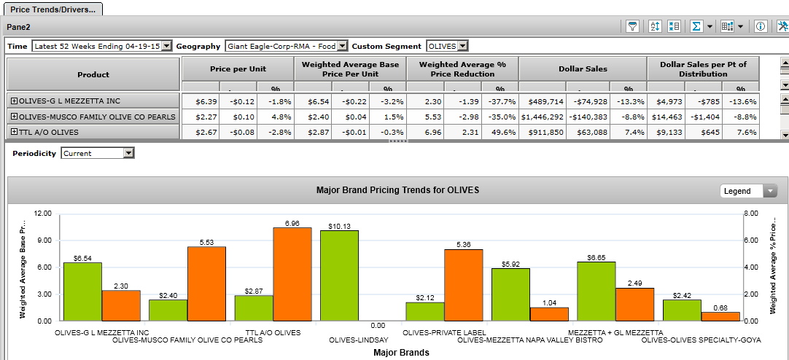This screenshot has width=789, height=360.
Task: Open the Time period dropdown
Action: [x=166, y=46]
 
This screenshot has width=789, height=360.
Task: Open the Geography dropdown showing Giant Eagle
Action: [x=343, y=46]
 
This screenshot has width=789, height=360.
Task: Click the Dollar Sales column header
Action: [x=583, y=69]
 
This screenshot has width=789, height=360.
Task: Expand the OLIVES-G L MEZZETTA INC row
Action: [x=14, y=101]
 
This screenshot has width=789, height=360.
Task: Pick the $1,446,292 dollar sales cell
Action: [x=543, y=116]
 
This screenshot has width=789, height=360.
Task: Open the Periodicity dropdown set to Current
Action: [x=128, y=153]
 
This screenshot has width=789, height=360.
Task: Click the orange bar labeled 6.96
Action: [x=292, y=274]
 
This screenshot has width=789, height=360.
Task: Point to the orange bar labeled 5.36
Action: [x=464, y=285]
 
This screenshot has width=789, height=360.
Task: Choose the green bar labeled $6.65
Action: [x=596, y=291]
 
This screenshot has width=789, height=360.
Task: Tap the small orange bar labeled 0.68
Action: [x=720, y=316]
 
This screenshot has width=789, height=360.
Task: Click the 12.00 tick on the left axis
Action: [x=43, y=214]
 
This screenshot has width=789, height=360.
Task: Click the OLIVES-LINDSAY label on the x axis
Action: [x=359, y=340]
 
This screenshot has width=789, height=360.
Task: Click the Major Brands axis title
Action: [x=401, y=353]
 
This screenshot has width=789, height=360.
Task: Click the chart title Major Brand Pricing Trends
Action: [x=397, y=190]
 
